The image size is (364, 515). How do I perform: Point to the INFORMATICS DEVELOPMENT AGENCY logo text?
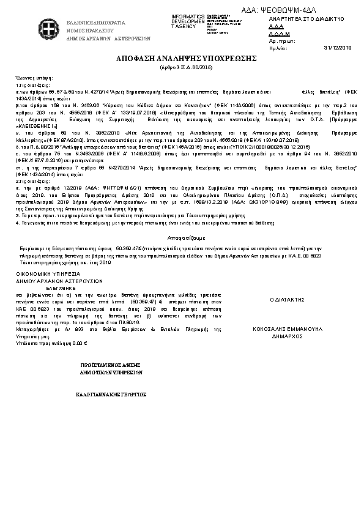pyautogui.click(x=187, y=21)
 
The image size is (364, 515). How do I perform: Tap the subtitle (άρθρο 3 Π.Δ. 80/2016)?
pyautogui.click(x=182, y=66)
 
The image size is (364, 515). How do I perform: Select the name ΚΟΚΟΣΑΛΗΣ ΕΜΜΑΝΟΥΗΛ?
pyautogui.click(x=287, y=328)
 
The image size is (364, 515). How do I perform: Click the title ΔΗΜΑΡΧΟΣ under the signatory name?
pyautogui.click(x=287, y=336)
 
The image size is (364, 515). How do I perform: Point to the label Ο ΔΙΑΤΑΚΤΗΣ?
pyautogui.click(x=287, y=300)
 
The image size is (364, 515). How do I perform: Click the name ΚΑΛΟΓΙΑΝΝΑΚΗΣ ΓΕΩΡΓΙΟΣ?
pyautogui.click(x=112, y=395)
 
